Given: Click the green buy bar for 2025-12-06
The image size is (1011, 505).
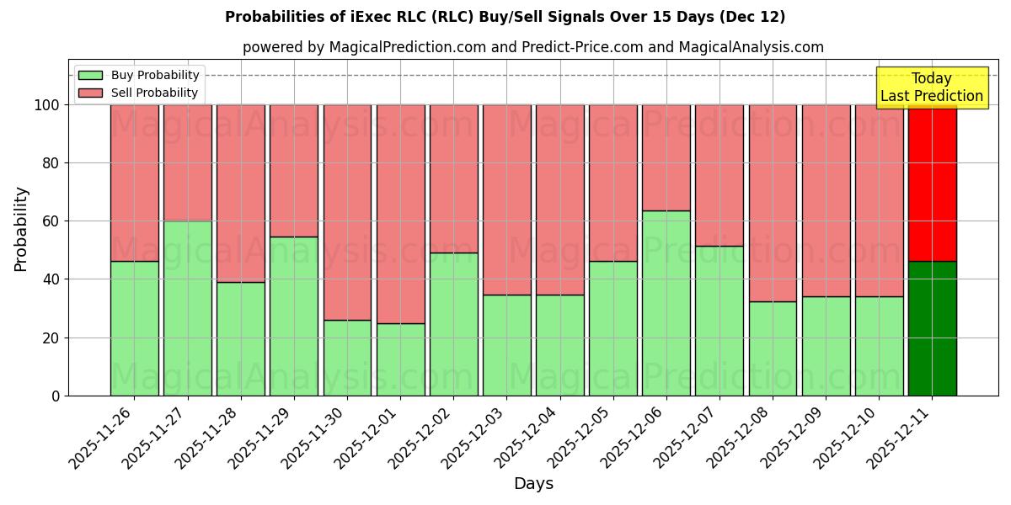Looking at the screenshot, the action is coord(666,303).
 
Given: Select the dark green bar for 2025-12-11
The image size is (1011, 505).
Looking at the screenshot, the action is coord(933,328).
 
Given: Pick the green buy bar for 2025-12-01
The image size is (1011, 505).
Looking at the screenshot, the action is coord(400,359).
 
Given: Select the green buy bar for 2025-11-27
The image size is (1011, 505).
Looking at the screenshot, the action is coord(187,308).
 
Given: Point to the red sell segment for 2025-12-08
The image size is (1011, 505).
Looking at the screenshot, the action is coord(773,203).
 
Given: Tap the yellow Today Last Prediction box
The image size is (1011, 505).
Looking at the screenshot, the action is coord(932,88).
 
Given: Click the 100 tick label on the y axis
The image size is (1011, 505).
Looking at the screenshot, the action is coord(46,105).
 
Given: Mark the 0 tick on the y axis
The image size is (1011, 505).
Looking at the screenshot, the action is coord(56,396).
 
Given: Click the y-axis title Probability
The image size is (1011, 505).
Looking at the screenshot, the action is coord(21,229).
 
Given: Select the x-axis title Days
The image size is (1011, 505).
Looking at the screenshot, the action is coord(533,484).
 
